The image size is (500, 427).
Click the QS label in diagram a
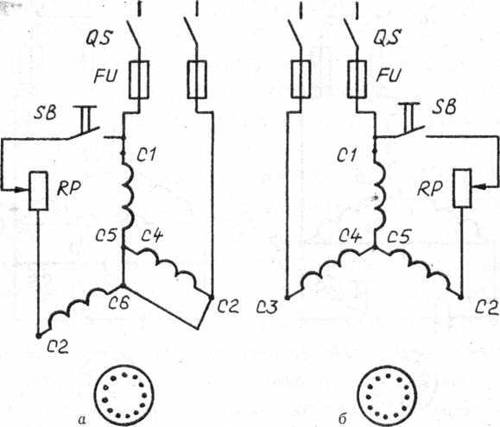pyautogui.click(x=98, y=39)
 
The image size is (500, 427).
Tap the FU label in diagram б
pyautogui.click(x=388, y=75)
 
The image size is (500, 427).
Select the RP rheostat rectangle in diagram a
pyautogui.click(x=39, y=191)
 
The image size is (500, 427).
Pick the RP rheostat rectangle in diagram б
pyautogui.click(x=462, y=188)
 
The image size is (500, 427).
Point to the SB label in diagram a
pyautogui.click(x=45, y=112)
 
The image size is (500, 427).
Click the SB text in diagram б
pyautogui.click(x=444, y=107)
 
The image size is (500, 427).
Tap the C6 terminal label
pyautogui.click(x=118, y=303)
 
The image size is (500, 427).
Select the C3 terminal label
pyautogui.click(x=267, y=308)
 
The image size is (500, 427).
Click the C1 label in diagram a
pyautogui.click(x=146, y=155)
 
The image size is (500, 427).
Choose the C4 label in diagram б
pyautogui.click(x=350, y=236)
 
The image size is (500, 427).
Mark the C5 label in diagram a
pyautogui.click(x=107, y=236)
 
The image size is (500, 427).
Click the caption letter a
pyautogui.click(x=82, y=420)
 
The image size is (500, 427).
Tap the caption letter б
pyautogui.click(x=342, y=418)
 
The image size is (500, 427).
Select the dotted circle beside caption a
pyautogui.click(x=124, y=395)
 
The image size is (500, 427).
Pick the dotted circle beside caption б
pyautogui.click(x=388, y=396)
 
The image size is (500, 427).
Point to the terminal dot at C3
pyautogui.click(x=287, y=298)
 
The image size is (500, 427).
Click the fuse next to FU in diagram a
pyautogui.click(x=139, y=79)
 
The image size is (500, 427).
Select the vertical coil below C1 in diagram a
pyautogui.click(x=127, y=196)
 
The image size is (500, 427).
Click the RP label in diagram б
pyautogui.click(x=430, y=190)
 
